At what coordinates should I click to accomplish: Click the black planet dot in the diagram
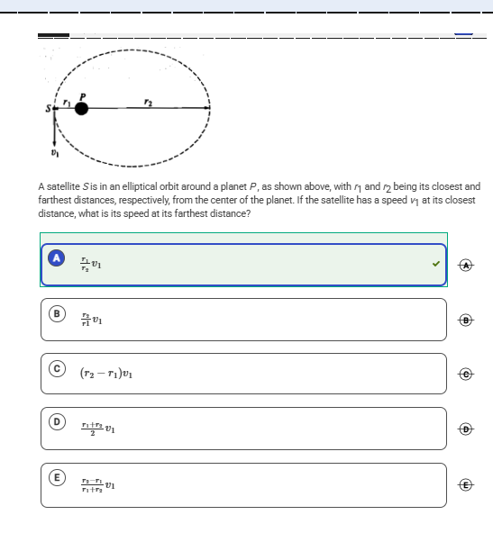81,108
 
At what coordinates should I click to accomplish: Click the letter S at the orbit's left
50,109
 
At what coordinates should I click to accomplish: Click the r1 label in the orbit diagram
66,101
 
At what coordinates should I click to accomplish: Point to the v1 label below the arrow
54,152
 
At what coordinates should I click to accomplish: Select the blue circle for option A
56,258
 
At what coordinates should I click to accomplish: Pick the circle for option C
56,368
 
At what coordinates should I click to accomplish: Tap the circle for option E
56,478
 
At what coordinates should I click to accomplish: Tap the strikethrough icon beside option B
465,320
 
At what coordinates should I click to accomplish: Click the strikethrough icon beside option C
465,374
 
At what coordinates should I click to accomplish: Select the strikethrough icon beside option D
465,429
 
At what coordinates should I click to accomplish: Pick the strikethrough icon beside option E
465,484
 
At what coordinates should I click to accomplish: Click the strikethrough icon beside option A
465,265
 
